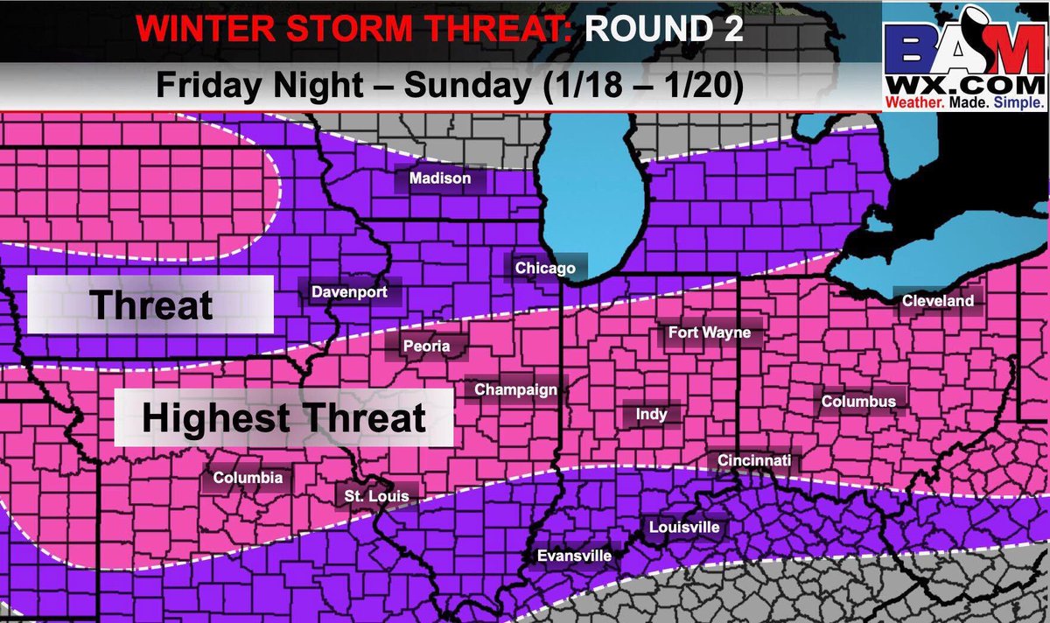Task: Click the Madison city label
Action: point(440,178)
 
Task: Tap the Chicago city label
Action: point(545,268)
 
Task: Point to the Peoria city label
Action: point(426,346)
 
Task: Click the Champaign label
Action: point(515,389)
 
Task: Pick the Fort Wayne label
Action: point(709,332)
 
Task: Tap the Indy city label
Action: point(647,415)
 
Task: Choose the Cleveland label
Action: point(937,300)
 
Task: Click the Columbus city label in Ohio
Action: point(857,402)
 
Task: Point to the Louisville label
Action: point(683,527)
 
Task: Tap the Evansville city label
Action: point(573,555)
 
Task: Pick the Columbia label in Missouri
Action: point(248,478)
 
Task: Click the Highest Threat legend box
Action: point(283,418)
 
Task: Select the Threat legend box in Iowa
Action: point(150,304)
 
